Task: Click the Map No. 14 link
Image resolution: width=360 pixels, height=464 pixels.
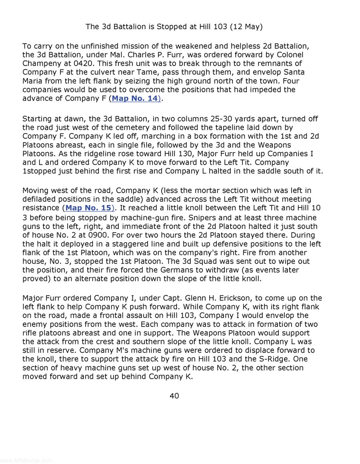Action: point(134,98)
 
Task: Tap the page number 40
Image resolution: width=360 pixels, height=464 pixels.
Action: point(174,396)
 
